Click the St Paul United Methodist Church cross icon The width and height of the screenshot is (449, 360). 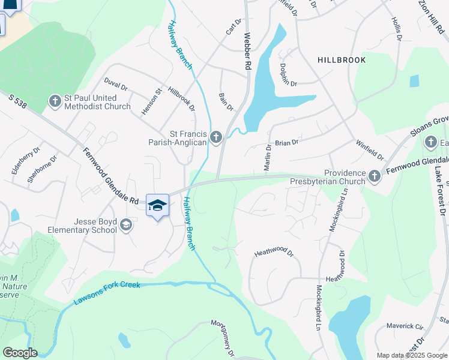point(55,100)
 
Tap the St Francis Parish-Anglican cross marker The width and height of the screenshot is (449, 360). point(216,139)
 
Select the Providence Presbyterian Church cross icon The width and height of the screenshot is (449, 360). point(375,176)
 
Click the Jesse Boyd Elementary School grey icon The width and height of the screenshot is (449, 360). point(126,225)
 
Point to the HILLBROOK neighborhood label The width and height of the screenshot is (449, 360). point(342,61)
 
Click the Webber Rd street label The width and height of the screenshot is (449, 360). point(246,53)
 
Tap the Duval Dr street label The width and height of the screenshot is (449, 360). point(115,83)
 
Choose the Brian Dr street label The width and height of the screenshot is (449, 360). point(287,143)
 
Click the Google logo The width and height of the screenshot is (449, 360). point(20,353)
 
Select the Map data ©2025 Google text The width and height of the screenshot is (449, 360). point(411,355)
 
